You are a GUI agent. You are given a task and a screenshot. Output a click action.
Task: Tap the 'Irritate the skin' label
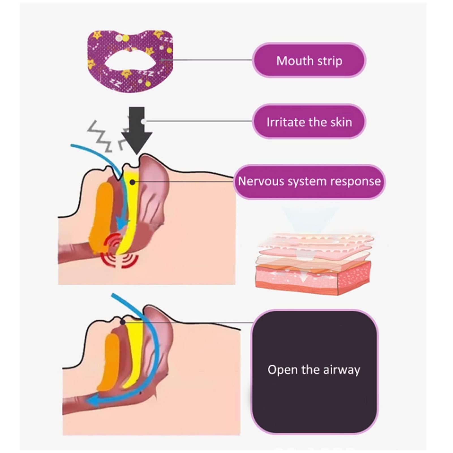[x=309, y=122]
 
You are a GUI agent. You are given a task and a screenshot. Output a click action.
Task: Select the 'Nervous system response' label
[x=309, y=181]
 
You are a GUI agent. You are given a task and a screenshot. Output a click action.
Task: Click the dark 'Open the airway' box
[x=314, y=371]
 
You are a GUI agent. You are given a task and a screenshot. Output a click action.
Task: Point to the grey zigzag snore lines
[x=100, y=136]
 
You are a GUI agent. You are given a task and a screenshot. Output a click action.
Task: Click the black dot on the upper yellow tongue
[x=132, y=182]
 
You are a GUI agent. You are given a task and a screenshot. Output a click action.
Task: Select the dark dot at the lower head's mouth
[x=123, y=322]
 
